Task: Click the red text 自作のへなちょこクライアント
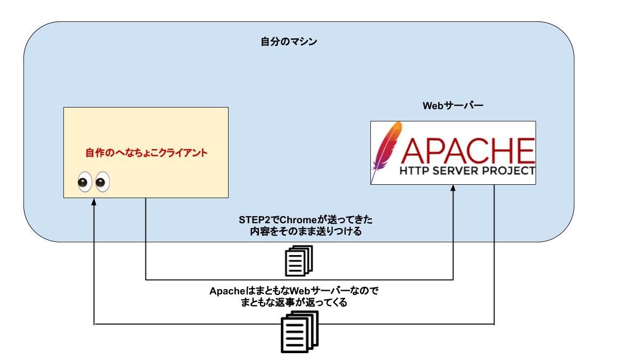[147, 153]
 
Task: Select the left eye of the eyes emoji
[84, 182]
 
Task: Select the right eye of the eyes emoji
[101, 182]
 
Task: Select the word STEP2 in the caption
[253, 220]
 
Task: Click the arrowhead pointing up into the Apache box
[453, 189]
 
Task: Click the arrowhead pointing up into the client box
[94, 202]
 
